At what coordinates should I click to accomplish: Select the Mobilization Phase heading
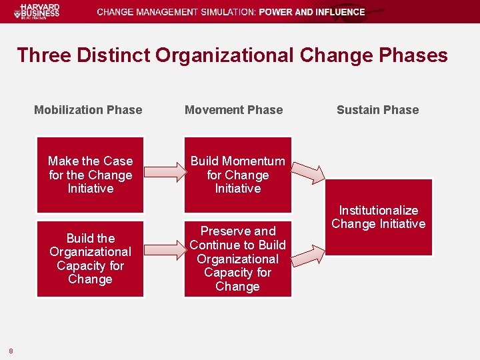(x=88, y=110)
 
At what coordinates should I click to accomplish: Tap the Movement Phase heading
(x=233, y=110)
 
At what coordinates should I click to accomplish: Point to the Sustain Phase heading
(x=377, y=110)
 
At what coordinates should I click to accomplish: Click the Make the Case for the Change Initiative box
(x=90, y=175)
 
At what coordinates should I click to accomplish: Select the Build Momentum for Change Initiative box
(x=237, y=175)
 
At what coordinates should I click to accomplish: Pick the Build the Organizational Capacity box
(x=90, y=259)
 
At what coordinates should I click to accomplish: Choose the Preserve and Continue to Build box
(x=237, y=259)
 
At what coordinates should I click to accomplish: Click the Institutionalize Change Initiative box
(x=378, y=217)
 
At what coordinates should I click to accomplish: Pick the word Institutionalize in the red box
(x=378, y=211)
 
